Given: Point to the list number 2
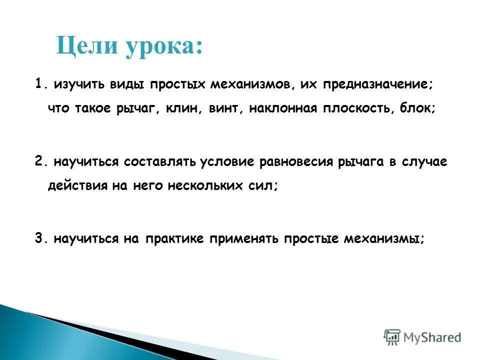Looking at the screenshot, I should (x=39, y=161).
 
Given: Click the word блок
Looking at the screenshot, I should (x=417, y=109).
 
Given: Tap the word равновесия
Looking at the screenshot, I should (x=297, y=162).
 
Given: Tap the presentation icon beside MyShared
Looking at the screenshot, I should (x=392, y=337).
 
